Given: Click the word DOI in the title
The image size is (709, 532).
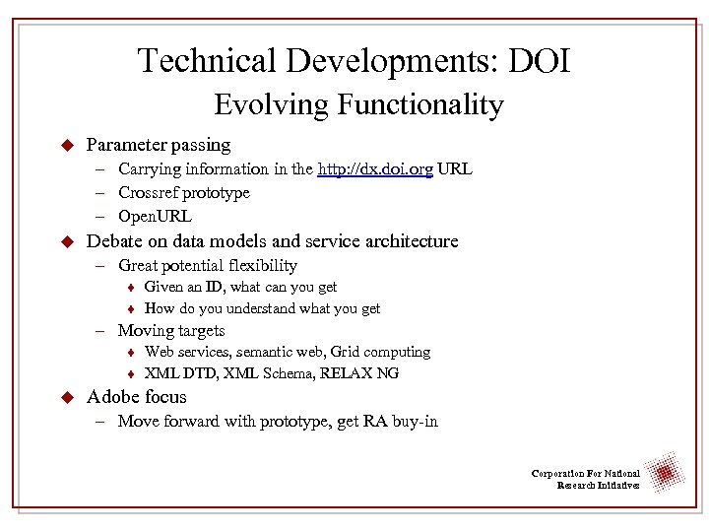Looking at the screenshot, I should point(538,61).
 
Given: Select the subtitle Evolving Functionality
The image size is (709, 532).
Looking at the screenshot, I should point(358,104).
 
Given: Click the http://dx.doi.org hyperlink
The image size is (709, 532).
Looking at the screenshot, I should point(375,169).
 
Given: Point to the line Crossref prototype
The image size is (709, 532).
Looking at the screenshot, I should point(184,193).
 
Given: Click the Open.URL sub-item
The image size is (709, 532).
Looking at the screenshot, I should point(155,217).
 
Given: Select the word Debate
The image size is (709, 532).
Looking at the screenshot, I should point(114,241).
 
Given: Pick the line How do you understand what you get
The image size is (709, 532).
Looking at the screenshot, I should point(262,309).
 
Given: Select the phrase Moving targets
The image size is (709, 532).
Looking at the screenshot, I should point(171,331).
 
